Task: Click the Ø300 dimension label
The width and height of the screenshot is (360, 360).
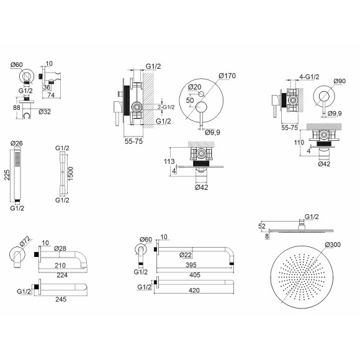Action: [333, 245]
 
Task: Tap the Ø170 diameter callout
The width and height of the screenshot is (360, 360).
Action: [227, 76]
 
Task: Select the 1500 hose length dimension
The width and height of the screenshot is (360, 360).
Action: [71, 174]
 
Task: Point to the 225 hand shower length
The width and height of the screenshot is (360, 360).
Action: [7, 175]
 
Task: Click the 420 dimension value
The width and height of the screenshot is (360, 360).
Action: [194, 290]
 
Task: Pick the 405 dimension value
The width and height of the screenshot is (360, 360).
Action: [195, 275]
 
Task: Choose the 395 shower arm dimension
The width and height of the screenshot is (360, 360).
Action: [191, 265]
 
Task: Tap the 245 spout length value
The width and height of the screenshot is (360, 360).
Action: [61, 299]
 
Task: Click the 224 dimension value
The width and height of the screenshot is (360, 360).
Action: [62, 275]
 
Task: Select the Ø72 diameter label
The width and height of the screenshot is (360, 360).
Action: [25, 241]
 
